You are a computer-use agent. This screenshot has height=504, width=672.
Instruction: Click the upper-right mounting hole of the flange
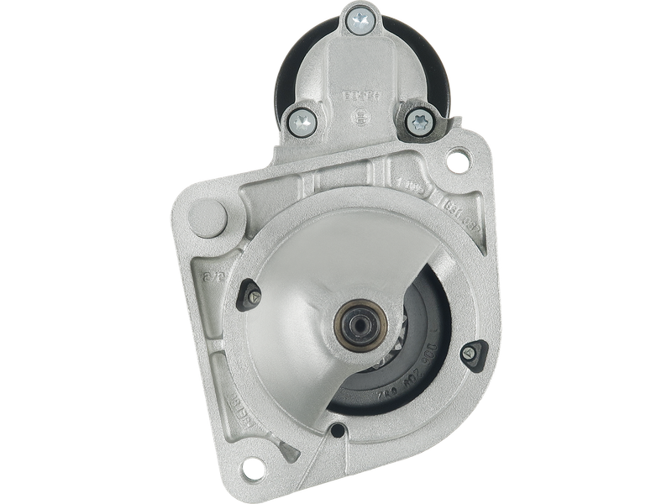coord(459,155)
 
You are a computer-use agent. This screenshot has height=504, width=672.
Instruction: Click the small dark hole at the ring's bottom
coord(337,432)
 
